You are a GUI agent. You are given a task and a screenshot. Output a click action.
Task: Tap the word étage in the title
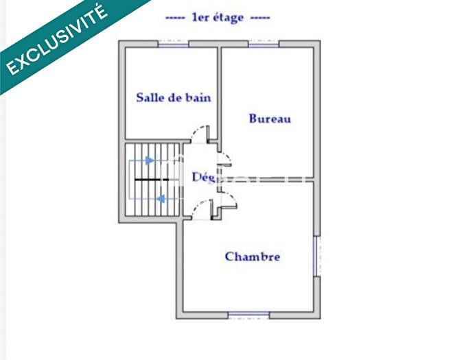228,18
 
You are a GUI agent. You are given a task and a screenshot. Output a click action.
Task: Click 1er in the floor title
200,18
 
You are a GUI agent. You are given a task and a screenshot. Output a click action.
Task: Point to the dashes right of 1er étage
260,18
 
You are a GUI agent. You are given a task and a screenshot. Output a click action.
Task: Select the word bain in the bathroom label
198,97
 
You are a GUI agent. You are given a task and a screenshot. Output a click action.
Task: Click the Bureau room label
270,119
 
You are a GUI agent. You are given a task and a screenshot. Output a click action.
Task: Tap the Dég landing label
203,177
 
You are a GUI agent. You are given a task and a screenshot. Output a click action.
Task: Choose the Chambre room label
253,256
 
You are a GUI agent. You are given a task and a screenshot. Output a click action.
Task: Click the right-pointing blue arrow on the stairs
149,160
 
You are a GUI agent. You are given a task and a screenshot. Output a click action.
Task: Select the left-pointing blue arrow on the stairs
161,199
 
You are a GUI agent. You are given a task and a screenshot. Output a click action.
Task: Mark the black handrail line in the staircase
151,179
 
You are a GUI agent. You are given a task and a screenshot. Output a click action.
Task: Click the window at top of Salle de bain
173,44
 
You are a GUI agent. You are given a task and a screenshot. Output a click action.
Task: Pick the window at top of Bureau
264,44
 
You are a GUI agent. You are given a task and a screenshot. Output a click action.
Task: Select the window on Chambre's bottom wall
248,315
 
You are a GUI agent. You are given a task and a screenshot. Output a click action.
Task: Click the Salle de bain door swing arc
200,132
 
